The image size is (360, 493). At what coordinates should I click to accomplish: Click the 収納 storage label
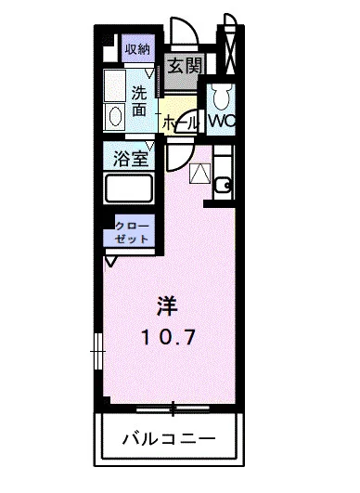(x=137, y=49)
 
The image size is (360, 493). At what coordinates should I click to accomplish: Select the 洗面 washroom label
(x=139, y=100)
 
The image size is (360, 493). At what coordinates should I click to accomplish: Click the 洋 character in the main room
(x=167, y=305)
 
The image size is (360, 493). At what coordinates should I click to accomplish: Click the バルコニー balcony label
(x=168, y=437)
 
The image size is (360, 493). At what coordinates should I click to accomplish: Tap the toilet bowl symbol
(x=220, y=97)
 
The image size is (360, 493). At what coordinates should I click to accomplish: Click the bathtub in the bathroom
(x=130, y=189)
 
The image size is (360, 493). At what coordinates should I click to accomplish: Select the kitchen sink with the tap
(x=222, y=184)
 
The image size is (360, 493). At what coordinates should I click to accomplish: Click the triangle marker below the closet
(x=111, y=261)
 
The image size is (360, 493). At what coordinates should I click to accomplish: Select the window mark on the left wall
(x=96, y=353)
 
